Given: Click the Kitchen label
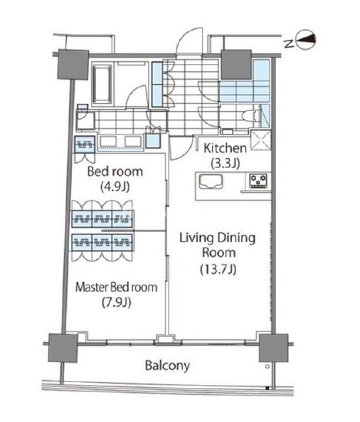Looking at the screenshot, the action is point(225,148).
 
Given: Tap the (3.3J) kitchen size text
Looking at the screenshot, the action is point(226,163).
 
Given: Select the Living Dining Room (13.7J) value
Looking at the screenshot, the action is point(218,269).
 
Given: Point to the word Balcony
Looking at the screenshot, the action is point(167,366).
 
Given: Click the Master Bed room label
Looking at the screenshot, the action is point(116,287).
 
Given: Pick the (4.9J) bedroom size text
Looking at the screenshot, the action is point(115,186).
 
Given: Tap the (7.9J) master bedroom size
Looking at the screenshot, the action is point(116,302).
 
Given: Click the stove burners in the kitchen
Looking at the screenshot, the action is point(258,181).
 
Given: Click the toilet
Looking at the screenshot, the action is point(253,117).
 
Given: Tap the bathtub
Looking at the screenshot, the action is point(102,84).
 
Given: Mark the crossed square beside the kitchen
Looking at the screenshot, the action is point(260,140).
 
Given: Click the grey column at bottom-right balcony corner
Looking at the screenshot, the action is point(273,348).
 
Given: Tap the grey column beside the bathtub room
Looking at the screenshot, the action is point(73,65).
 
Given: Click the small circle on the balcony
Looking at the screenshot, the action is point(268,366).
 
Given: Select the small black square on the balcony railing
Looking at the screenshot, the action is point(268,388).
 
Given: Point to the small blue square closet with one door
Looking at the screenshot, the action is point(153,141).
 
